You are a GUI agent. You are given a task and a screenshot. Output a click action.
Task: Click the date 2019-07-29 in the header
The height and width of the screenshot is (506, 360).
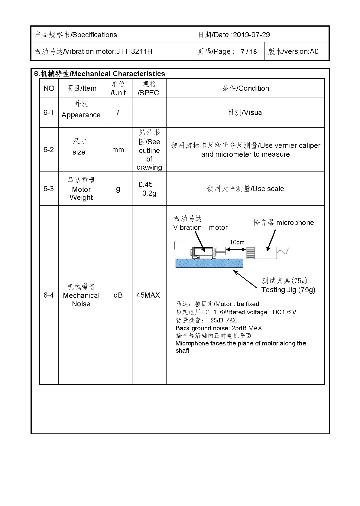click(x=251, y=35)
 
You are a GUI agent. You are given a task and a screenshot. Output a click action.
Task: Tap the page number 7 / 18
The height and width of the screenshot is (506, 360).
click(x=248, y=52)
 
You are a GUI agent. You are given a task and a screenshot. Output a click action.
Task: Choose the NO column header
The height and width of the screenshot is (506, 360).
click(x=49, y=88)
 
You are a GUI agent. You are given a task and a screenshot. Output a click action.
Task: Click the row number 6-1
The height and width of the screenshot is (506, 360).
click(x=48, y=113)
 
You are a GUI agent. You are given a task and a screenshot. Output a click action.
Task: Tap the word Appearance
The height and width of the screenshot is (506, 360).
click(x=81, y=115)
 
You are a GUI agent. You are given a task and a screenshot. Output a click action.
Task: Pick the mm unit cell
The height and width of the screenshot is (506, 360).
click(x=118, y=150)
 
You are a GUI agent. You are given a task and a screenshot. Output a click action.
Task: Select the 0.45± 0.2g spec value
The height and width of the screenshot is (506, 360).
click(x=149, y=189)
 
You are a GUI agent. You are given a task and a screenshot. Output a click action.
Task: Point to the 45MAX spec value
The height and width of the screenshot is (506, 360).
click(x=148, y=295)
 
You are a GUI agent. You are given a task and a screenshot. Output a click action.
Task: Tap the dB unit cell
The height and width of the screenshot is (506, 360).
click(x=118, y=295)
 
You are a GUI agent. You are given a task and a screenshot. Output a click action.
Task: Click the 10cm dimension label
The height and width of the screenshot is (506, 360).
click(x=237, y=242)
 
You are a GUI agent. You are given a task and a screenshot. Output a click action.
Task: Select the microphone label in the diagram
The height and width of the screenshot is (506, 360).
click(x=295, y=223)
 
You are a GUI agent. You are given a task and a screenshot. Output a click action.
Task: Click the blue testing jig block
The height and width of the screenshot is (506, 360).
click(x=209, y=263)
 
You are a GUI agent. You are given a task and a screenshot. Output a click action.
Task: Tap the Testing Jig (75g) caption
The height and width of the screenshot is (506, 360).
click(x=288, y=290)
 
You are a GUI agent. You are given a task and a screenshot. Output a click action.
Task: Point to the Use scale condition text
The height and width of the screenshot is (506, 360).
click(x=268, y=189)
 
